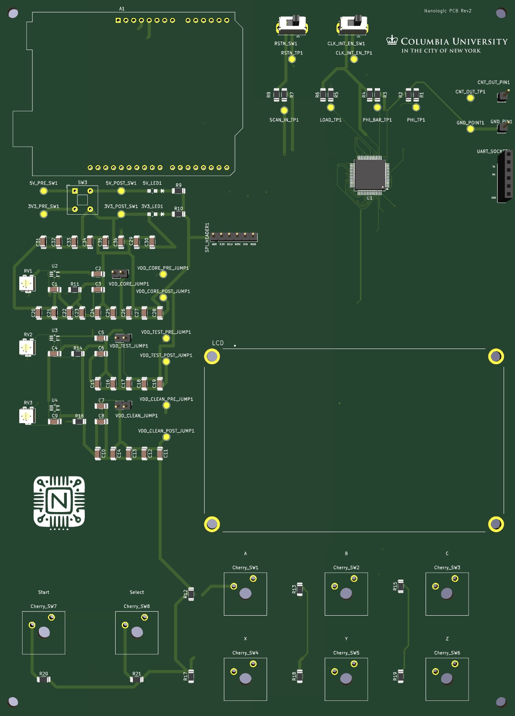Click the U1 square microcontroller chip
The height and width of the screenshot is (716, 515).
(369, 175)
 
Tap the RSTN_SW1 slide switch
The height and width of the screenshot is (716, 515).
(292, 25)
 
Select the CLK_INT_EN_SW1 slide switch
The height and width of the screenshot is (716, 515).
(353, 25)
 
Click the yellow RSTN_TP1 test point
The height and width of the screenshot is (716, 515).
(292, 59)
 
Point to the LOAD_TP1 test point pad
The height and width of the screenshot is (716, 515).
(331, 108)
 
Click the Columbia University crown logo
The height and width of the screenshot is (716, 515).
(392, 40)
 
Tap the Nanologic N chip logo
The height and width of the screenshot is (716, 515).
(59, 502)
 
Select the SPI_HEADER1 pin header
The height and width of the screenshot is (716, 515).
(234, 236)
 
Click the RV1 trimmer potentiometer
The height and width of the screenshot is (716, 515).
(27, 283)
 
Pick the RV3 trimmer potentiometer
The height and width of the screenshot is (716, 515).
(27, 416)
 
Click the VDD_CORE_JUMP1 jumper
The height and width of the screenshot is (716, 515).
(120, 273)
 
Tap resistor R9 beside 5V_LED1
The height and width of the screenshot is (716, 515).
(178, 191)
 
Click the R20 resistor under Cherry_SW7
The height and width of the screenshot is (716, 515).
(43, 680)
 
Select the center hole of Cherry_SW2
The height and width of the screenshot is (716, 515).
(346, 594)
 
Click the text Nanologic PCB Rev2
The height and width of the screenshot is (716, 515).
(447, 11)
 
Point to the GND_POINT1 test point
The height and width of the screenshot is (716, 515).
(470, 129)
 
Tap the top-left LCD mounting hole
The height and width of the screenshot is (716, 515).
(212, 356)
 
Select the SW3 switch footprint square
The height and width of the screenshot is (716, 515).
(82, 200)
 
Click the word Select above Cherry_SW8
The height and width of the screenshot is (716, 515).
(137, 592)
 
